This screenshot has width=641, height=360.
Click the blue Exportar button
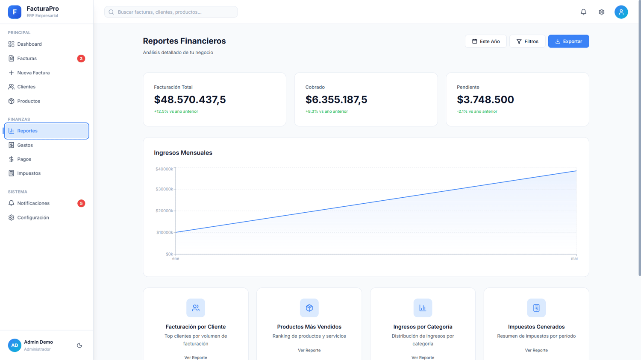568,41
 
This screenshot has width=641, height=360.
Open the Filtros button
527,41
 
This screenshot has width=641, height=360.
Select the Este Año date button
485,41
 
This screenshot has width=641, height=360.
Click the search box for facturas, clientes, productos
171,12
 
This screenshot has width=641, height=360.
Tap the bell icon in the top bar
583,12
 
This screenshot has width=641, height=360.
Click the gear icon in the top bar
602,12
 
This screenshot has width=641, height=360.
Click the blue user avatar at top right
621,12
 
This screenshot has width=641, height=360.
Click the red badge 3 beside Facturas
81,59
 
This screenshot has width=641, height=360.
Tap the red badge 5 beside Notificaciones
81,203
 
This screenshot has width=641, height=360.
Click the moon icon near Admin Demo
79,345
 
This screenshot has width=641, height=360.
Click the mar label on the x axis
574,258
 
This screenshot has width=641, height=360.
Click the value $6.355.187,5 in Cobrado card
336,100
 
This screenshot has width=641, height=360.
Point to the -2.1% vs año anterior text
477,111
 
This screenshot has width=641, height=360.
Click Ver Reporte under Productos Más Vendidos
309,350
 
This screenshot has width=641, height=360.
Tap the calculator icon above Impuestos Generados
536,308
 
